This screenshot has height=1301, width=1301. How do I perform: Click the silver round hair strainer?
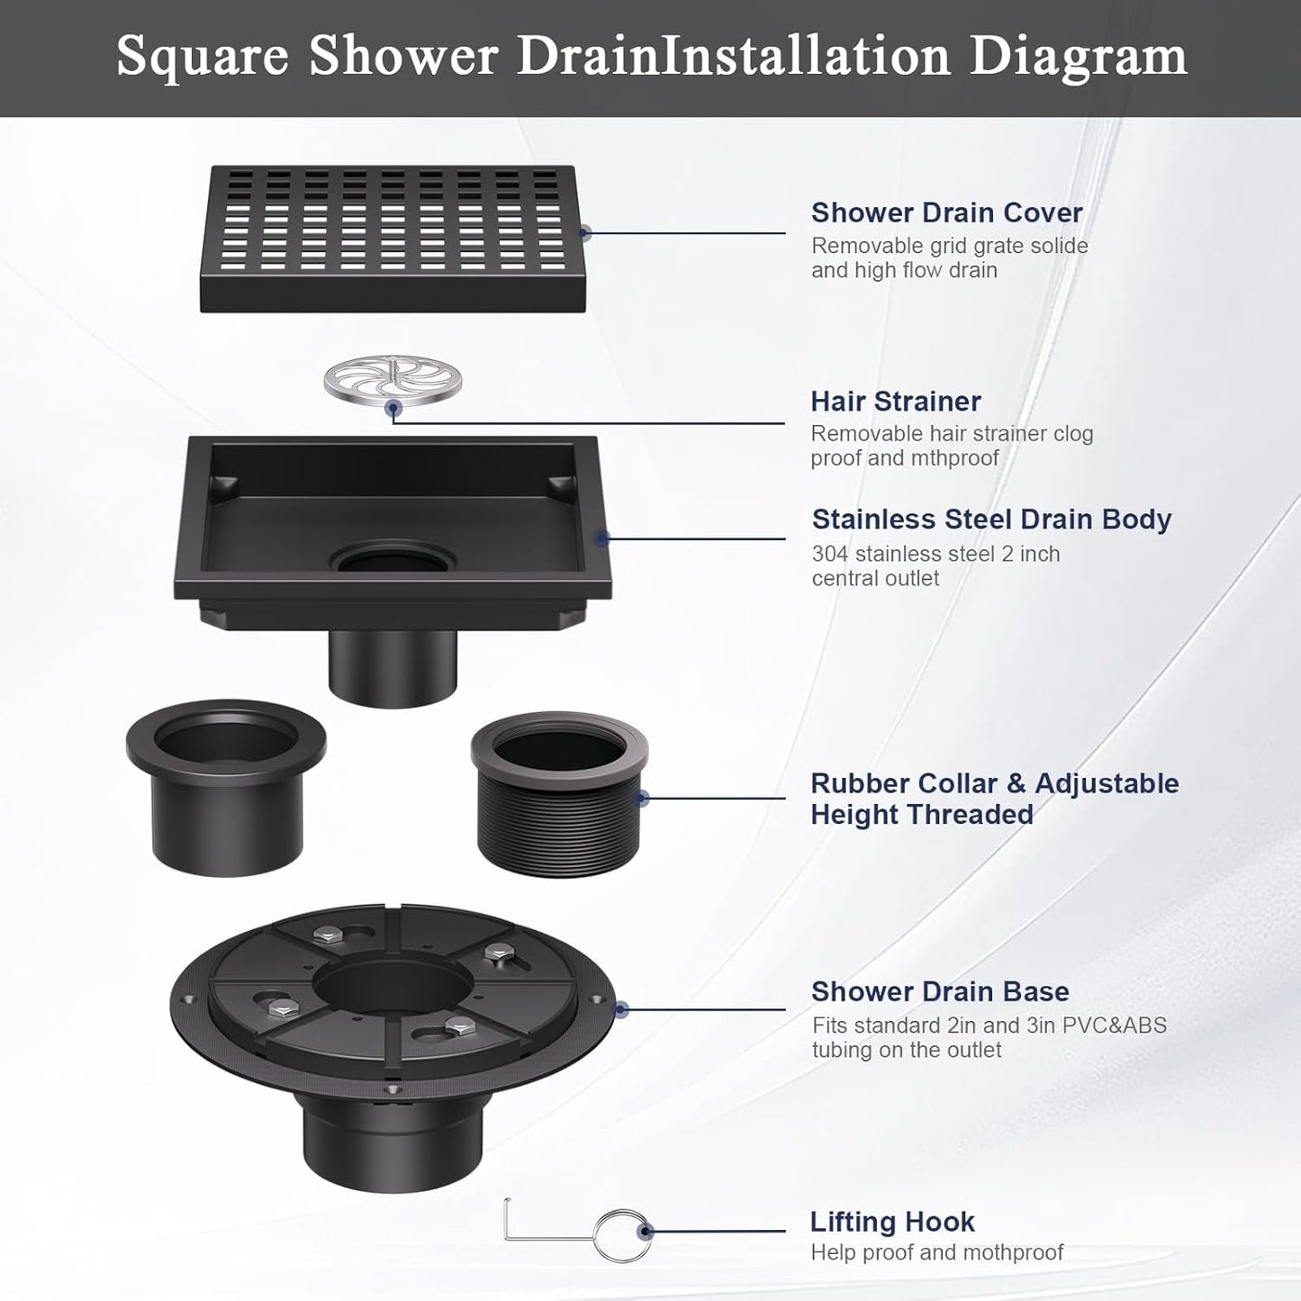(393, 381)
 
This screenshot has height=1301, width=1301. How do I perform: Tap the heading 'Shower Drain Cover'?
(946, 212)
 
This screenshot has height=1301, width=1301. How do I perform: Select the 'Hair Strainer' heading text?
(895, 401)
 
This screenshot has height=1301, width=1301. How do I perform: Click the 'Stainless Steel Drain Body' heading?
(991, 519)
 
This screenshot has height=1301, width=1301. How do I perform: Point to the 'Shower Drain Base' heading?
(940, 991)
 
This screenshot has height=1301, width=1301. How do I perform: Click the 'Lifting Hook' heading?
(892, 1222)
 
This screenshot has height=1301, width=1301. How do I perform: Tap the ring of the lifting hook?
(622, 1234)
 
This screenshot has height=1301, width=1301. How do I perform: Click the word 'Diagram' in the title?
(1078, 56)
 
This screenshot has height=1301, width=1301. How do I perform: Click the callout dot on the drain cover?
(584, 233)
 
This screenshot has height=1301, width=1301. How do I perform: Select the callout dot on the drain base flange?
(620, 1010)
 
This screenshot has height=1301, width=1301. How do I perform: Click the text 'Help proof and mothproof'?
(936, 1252)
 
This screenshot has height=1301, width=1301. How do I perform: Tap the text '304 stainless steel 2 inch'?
(935, 554)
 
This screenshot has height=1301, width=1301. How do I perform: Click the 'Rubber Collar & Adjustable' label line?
(994, 783)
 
